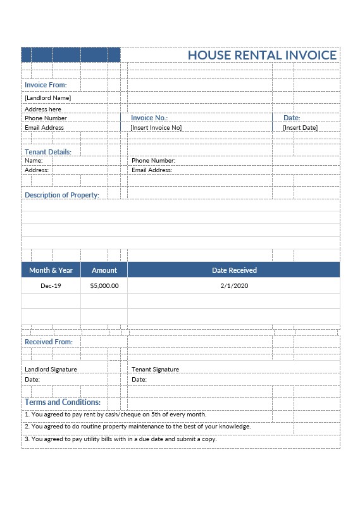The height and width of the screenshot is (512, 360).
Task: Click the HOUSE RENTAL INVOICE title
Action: click(x=262, y=55)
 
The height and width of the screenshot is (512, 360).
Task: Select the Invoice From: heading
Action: click(x=46, y=85)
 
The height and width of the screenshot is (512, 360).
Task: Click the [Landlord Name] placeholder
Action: click(x=47, y=98)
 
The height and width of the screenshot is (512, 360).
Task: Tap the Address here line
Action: click(x=43, y=109)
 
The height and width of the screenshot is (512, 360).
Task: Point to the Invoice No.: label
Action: click(x=149, y=118)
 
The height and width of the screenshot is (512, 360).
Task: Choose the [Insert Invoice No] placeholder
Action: click(x=156, y=128)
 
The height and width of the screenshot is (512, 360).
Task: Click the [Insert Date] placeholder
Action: click(x=300, y=128)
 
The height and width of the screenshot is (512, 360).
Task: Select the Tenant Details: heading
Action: click(x=48, y=152)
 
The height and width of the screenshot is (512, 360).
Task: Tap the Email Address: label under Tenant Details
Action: click(x=152, y=170)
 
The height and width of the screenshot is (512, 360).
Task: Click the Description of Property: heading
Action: click(x=62, y=195)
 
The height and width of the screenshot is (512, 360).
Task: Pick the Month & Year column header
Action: click(x=51, y=270)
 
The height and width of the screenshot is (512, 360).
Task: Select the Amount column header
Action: click(x=104, y=270)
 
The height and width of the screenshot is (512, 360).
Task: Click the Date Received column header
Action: click(x=234, y=270)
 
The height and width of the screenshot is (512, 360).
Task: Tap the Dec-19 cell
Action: click(x=51, y=286)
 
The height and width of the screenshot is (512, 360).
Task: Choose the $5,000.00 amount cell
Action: click(x=104, y=286)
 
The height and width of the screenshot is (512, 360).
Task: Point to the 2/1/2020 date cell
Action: click(x=234, y=286)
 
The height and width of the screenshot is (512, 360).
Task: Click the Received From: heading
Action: click(x=49, y=342)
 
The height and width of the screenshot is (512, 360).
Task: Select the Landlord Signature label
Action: click(x=51, y=369)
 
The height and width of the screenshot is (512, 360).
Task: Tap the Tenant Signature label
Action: click(x=155, y=369)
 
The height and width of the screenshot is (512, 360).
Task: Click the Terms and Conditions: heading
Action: click(x=63, y=402)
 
